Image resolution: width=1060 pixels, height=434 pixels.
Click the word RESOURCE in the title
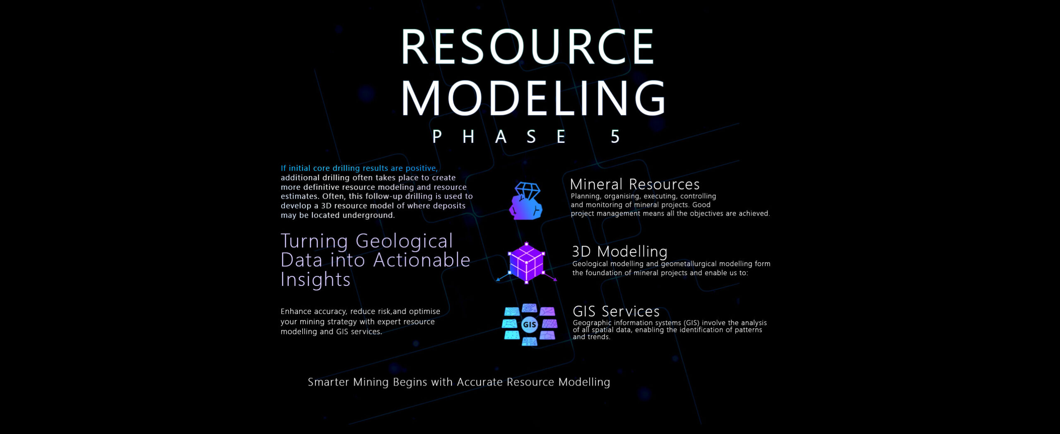(528, 46)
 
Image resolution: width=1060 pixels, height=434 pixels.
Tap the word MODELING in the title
(533, 98)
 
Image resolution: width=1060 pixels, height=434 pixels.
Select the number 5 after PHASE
(615, 137)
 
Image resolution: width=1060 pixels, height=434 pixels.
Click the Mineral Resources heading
(635, 184)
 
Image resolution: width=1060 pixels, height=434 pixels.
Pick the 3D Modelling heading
(620, 251)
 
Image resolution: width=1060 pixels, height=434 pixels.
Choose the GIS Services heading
(616, 311)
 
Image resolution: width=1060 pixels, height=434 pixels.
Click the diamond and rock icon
(526, 201)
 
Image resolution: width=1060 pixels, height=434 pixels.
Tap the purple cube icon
(526, 263)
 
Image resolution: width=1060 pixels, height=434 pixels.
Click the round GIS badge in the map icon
(530, 325)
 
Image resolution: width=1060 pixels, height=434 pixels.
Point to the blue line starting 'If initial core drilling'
(359, 168)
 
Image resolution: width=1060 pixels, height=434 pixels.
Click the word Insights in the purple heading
(316, 279)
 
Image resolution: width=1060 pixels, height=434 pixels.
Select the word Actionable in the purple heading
(422, 260)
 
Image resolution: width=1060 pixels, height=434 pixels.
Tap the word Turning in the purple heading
(314, 242)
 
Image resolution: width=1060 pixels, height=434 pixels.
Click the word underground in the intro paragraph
(369, 215)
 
